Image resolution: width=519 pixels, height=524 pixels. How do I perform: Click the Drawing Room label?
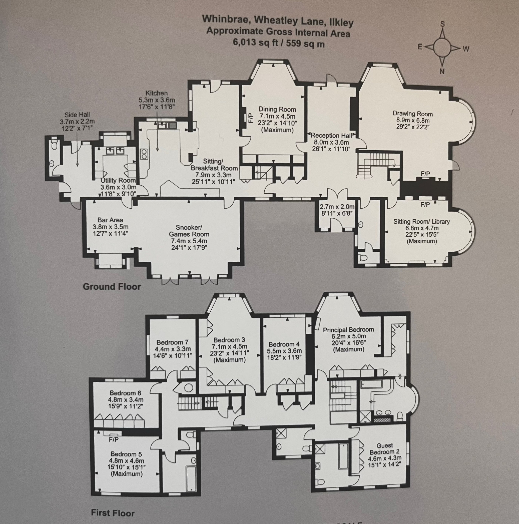413,114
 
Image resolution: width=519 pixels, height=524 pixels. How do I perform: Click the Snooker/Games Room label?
189,230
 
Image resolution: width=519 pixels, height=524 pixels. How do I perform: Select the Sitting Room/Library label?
421,222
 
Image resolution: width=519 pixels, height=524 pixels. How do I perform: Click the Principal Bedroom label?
348,330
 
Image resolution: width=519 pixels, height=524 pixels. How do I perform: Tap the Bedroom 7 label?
172,342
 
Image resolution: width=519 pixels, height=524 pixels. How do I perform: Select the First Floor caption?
113,513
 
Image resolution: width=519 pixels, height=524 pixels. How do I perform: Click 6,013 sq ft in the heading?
256,43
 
